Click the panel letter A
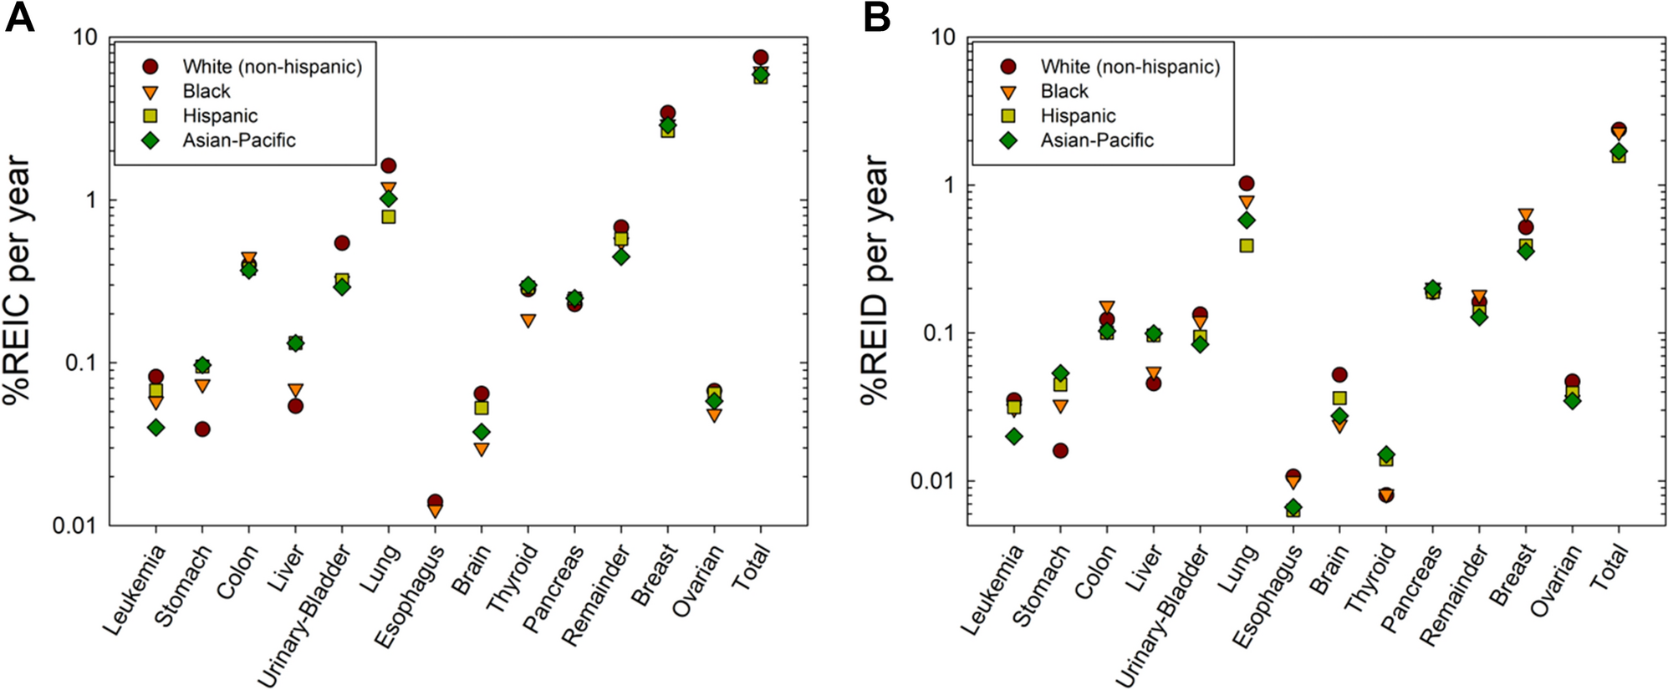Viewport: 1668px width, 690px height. click(19, 17)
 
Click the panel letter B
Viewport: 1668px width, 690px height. click(876, 17)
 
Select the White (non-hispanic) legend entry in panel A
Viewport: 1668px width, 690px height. click(272, 67)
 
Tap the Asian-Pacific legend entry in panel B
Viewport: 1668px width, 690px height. click(1096, 140)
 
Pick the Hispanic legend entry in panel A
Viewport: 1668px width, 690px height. click(220, 116)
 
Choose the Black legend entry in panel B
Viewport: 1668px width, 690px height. click(1064, 91)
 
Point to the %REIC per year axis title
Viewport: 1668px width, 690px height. click(18, 280)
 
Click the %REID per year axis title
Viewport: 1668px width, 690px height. click(875, 280)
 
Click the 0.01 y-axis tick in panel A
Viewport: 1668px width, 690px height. click(74, 525)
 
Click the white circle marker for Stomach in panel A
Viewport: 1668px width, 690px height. click(202, 429)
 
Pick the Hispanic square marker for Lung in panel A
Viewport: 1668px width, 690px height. click(389, 216)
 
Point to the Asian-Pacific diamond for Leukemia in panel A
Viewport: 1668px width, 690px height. click(156, 428)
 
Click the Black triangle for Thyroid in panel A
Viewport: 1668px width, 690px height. click(528, 321)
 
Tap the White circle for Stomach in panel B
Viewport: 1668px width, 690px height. click(1060, 451)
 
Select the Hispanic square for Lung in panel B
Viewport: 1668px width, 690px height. click(1247, 246)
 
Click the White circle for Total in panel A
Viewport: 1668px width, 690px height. click(760, 58)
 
